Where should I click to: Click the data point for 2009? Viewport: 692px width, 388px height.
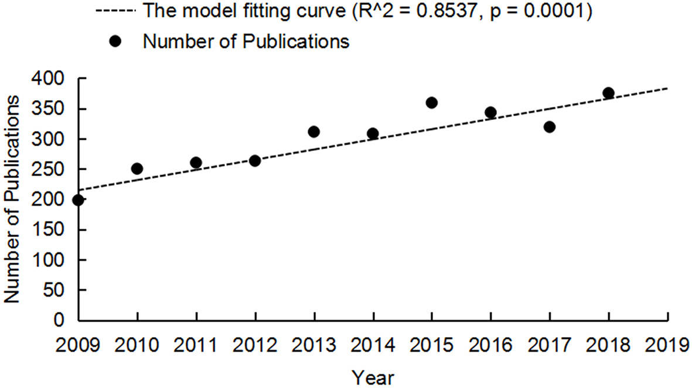pyautogui.click(x=77, y=200)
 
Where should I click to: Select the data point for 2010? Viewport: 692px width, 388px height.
pyautogui.click(x=137, y=169)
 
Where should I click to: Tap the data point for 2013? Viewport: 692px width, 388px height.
pyautogui.click(x=314, y=132)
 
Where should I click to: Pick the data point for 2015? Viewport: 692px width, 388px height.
pyautogui.click(x=432, y=103)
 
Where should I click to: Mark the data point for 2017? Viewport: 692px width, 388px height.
pyautogui.click(x=550, y=127)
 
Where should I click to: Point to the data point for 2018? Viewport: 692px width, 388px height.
pyautogui.click(x=608, y=93)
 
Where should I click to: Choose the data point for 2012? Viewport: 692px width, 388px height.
pyautogui.click(x=255, y=160)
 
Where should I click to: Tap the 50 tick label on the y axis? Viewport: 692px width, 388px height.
pyautogui.click(x=62, y=290)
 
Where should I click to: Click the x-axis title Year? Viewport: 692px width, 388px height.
pyautogui.click(x=373, y=377)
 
